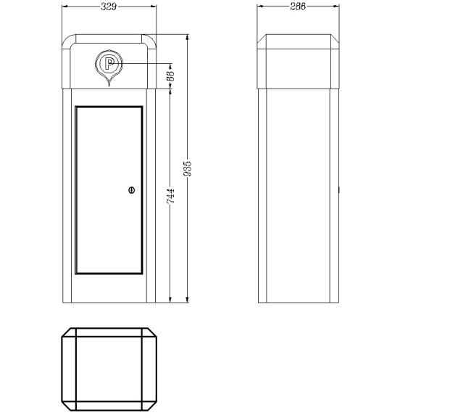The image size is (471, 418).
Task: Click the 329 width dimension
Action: tap(109, 7)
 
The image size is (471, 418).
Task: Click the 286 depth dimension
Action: tap(298, 7)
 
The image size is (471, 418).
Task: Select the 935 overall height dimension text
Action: tap(188, 169)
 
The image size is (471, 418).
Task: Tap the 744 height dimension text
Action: tap(170, 196)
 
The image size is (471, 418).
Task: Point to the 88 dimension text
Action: tap(170, 76)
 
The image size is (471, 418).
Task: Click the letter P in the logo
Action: tap(109, 64)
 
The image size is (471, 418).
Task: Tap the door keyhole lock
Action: tap(132, 190)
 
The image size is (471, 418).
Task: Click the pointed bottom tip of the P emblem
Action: tap(109, 86)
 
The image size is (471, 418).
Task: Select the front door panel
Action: tap(109, 190)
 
